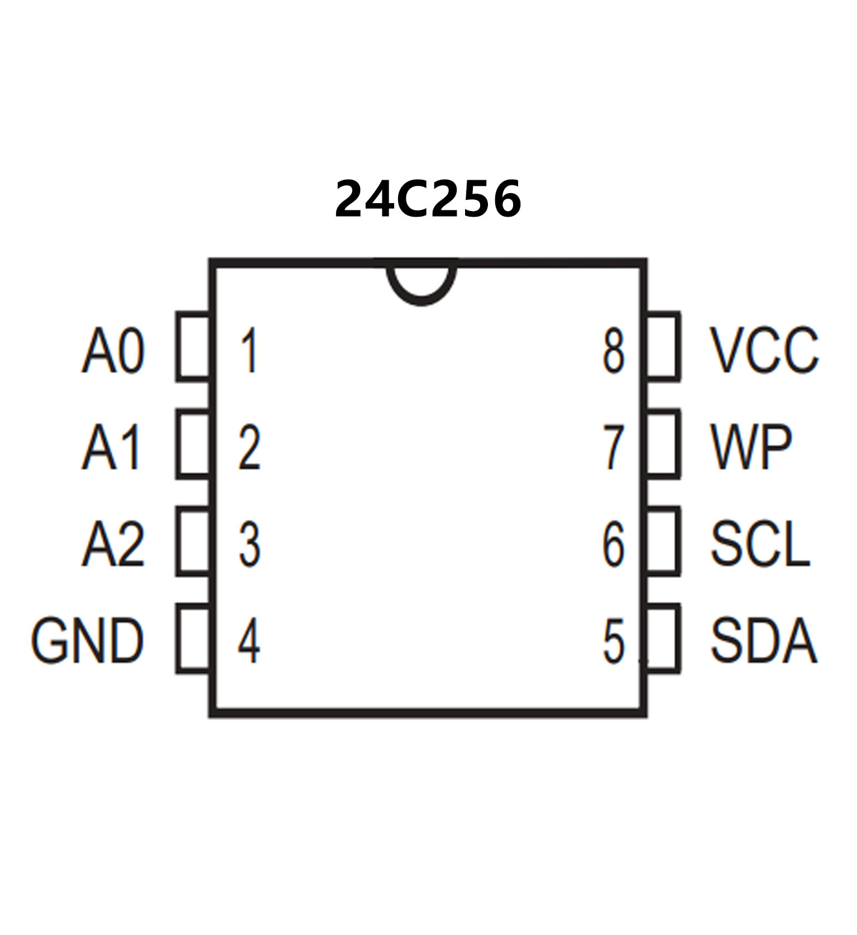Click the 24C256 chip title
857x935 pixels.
pos(428,199)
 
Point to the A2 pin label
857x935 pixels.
pos(113,544)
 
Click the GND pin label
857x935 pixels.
pos(88,640)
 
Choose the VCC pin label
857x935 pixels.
pos(763,351)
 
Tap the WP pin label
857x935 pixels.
pos(750,447)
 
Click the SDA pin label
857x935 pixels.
pos(763,640)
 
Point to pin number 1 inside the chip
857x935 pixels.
pos(249,351)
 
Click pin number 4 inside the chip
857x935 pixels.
pos(249,641)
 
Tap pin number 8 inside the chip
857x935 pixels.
pos(613,351)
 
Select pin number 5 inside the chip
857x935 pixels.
pos(613,641)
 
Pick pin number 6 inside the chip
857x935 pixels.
pos(613,544)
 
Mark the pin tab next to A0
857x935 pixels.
pos(193,347)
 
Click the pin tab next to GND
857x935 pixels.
pos(193,638)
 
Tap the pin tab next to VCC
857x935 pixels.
pos(663,347)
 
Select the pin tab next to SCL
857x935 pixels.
pos(663,541)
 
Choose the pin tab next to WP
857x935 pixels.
pos(663,444)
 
